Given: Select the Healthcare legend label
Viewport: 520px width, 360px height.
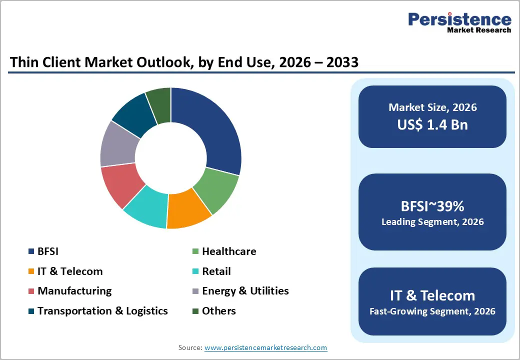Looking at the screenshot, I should click(229, 251).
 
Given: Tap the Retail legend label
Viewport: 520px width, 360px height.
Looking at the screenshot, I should click(216, 271).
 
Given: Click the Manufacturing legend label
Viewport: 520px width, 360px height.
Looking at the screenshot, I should click(74, 291).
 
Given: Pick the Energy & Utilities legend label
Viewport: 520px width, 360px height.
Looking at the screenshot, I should click(245, 291).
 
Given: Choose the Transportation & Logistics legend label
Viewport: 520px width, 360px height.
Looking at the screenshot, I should click(102, 311).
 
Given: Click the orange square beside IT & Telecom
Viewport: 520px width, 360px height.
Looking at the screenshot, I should click(31, 271).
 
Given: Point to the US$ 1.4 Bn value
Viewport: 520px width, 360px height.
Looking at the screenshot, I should click(432, 124).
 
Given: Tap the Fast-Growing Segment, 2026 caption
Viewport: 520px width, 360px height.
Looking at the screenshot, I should click(432, 311).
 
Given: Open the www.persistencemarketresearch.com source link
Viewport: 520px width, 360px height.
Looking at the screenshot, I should click(265, 347).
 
